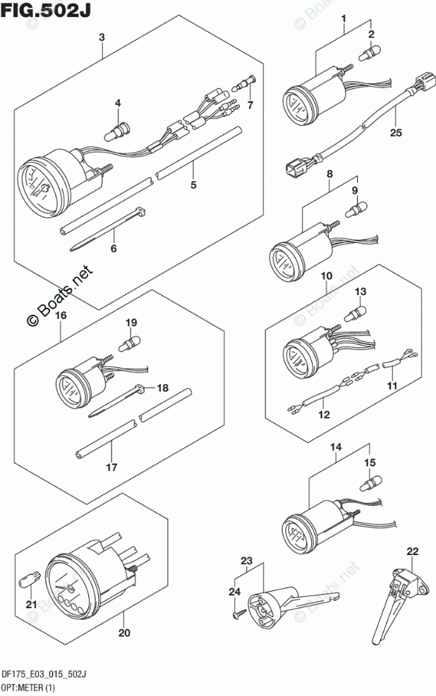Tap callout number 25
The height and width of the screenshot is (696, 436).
tap(394, 132)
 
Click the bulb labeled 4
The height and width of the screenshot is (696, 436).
tap(117, 129)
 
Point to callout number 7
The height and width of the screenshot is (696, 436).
tap(250, 105)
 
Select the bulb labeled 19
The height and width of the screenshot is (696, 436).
tap(130, 343)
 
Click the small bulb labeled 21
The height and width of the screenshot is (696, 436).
tap(28, 580)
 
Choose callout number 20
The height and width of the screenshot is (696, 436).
tap(124, 633)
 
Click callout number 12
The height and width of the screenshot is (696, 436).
tap(324, 415)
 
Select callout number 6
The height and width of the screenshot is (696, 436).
tap(113, 249)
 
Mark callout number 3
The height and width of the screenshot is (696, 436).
tap(102, 37)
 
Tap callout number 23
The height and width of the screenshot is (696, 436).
tap(246, 560)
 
